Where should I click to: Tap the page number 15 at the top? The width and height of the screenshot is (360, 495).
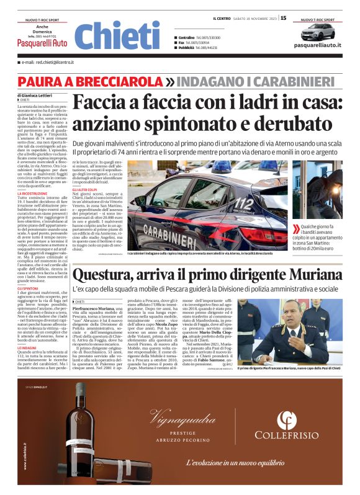pyautogui.click(x=283, y=18)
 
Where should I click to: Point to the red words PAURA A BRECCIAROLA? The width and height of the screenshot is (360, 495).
pyautogui.click(x=90, y=82)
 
